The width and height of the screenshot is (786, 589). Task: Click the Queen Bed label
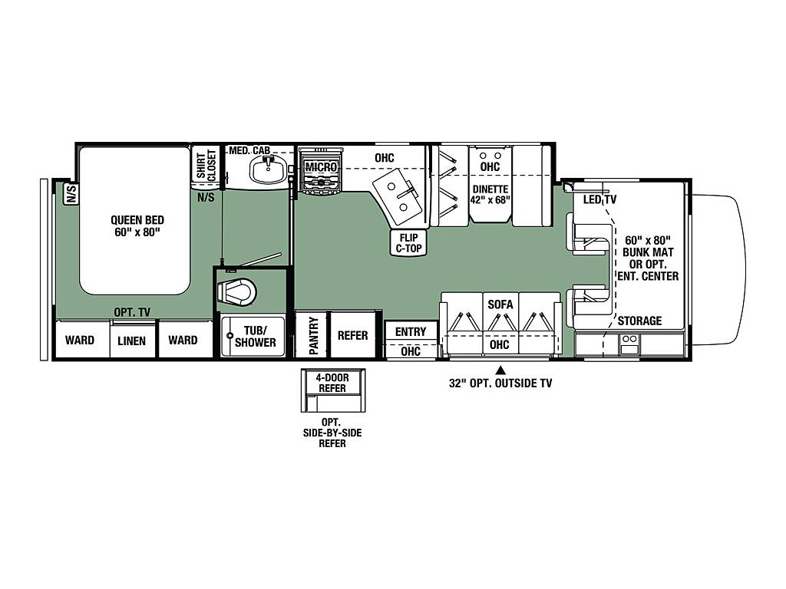[x=137, y=226]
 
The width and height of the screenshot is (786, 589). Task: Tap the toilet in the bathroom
[x=236, y=291]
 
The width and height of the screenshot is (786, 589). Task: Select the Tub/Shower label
[x=255, y=337]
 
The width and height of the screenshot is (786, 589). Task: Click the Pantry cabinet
[x=312, y=334]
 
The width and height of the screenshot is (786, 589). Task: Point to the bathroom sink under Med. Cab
[x=268, y=169]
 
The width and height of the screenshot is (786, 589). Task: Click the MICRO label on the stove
[x=321, y=166]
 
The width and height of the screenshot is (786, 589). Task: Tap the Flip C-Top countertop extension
[x=408, y=243]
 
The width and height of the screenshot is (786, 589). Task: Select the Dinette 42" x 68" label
[x=490, y=194]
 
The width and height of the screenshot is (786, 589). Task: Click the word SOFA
[x=500, y=304]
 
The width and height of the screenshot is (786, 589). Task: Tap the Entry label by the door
[x=411, y=331]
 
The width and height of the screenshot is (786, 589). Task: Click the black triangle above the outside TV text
[x=500, y=371]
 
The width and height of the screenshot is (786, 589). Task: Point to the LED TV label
[x=599, y=199]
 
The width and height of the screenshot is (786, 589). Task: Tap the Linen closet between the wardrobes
[x=132, y=341]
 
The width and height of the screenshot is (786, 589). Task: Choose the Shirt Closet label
[x=206, y=165]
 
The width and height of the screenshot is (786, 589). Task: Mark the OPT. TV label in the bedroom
[x=132, y=312]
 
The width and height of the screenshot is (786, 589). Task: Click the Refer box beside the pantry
[x=353, y=334]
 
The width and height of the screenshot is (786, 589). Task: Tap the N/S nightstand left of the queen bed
[x=71, y=194]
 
